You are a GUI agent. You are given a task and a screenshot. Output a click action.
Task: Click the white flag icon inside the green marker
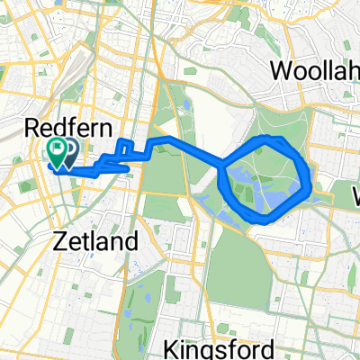(57, 149)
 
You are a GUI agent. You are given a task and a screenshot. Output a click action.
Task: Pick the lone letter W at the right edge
(353, 193)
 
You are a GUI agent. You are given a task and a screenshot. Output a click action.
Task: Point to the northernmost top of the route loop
(268, 138)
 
